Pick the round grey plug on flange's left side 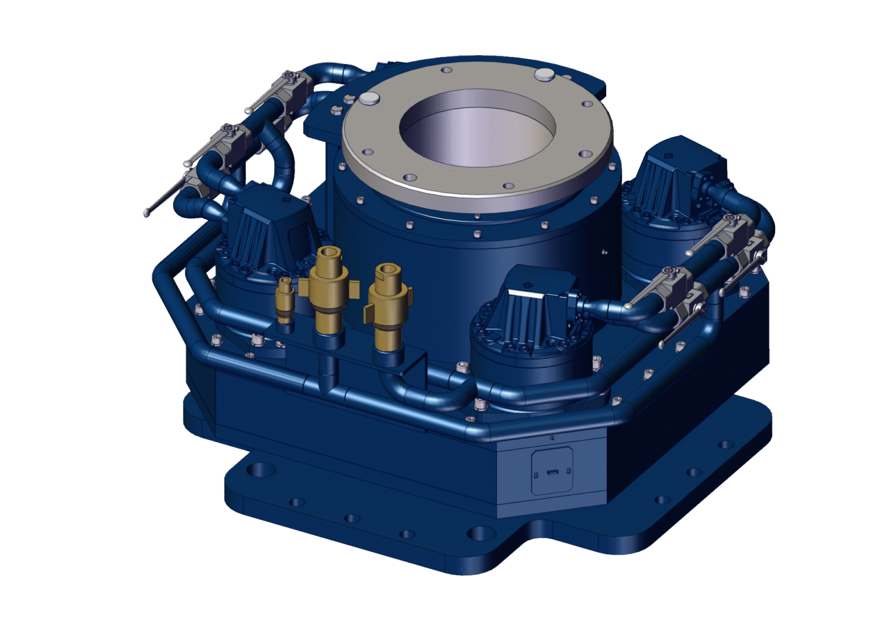click(x=370, y=98)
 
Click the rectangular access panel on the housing click(x=552, y=471)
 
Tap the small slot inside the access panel click(x=552, y=472)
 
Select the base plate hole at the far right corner click(x=726, y=444)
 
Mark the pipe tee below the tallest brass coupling click(x=329, y=382)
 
